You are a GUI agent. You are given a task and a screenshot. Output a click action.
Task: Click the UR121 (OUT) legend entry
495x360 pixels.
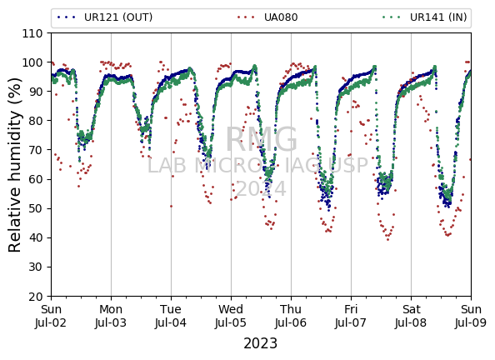coord(105,17)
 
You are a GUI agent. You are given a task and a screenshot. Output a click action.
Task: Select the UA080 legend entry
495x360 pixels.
coord(267,17)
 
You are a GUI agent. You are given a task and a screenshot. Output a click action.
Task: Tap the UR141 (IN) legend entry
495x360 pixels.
coord(425,17)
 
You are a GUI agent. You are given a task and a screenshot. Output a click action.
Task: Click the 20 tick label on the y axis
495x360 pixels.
coord(36,297)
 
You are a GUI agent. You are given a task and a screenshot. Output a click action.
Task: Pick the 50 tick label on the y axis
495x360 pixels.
coord(36,208)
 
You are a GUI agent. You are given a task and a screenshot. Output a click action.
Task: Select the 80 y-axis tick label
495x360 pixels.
coord(36,121)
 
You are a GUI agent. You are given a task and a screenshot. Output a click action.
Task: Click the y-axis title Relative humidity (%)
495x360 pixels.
coord(14,164)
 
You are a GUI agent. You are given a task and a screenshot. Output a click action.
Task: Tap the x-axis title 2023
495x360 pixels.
coord(261,343)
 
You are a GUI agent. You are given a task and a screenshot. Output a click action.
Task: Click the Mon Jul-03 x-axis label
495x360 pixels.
coord(111,316)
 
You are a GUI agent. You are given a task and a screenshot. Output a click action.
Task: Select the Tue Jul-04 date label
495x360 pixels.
coord(171,316)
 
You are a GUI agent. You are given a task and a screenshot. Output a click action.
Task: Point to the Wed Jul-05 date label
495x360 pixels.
coord(231,316)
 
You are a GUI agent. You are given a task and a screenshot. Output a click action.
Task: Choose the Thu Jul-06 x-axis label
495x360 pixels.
coord(291,316)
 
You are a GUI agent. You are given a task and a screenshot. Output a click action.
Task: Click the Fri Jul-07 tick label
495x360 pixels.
coord(351,316)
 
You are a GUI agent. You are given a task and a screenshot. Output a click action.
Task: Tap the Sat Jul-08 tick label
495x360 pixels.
coord(411,316)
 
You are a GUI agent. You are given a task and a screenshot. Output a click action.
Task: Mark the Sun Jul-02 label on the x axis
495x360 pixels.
coord(51,316)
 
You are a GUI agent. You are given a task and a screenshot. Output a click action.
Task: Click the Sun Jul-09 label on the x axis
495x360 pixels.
coord(471,316)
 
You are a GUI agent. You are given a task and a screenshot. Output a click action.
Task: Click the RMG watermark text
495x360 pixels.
coord(262,140)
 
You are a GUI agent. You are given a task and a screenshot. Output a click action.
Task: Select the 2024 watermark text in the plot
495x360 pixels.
coord(261,189)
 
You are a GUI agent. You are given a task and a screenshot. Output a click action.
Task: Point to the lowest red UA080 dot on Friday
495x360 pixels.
coord(388,240)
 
